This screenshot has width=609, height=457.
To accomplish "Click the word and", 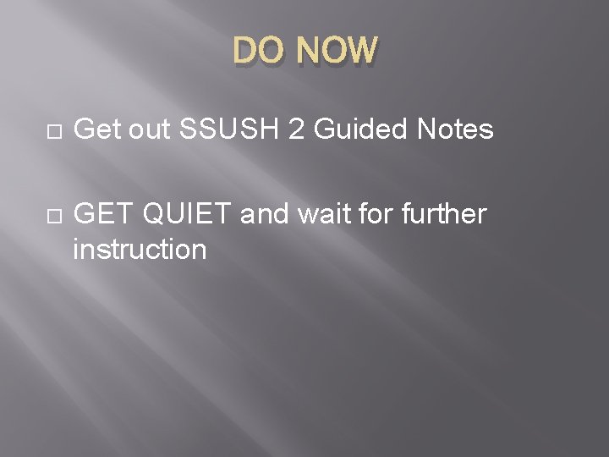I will (266, 216).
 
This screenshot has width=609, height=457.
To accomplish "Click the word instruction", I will (140, 250).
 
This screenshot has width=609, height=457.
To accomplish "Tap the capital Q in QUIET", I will (155, 216).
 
